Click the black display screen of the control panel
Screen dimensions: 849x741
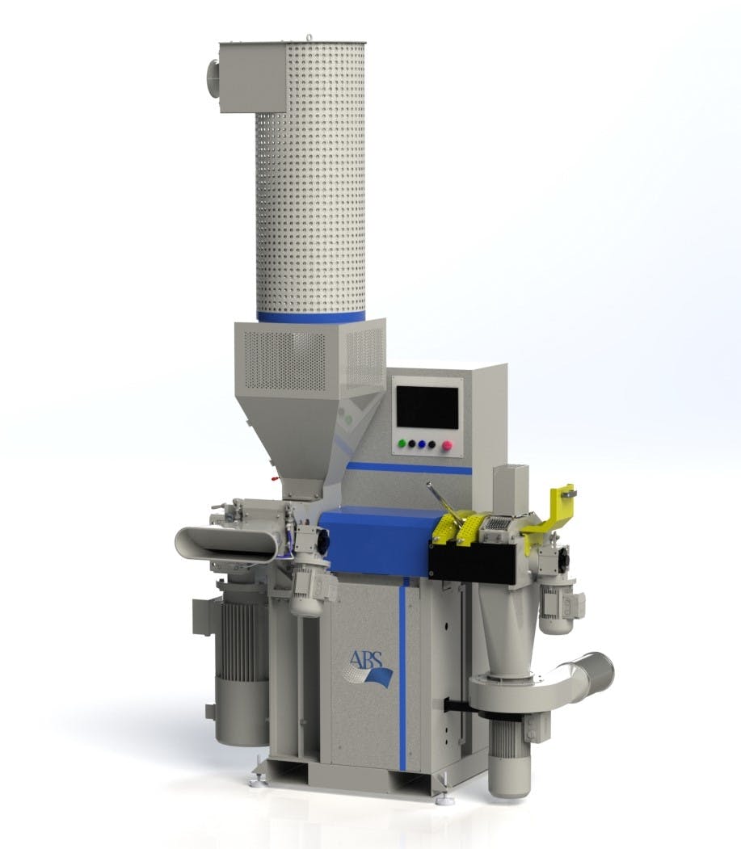pyautogui.click(x=427, y=407)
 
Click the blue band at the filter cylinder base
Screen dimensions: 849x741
pyautogui.click(x=310, y=316)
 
